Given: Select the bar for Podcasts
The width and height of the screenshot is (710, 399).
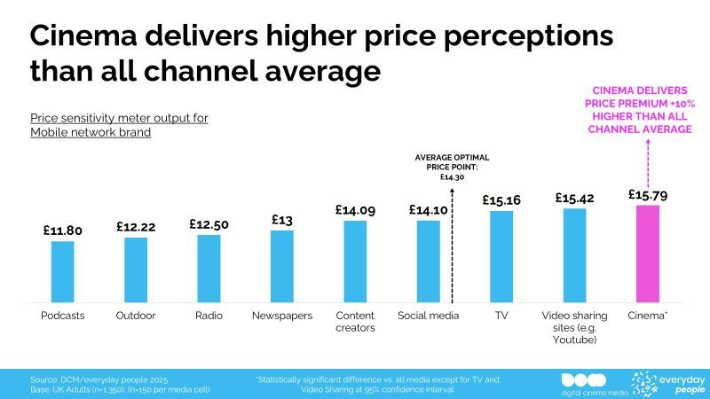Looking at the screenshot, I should [63, 272].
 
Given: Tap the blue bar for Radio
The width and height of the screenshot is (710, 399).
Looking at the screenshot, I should [209, 269].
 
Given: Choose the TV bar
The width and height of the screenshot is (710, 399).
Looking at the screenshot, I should [501, 257].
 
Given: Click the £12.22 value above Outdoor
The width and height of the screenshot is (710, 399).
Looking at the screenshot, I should [136, 227].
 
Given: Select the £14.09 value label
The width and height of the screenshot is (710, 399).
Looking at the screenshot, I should [355, 210].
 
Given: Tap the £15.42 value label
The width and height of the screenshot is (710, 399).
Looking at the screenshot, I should [574, 198].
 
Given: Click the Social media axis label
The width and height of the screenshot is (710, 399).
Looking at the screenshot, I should [428, 316].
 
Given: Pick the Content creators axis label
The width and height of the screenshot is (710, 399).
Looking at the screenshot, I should [355, 322].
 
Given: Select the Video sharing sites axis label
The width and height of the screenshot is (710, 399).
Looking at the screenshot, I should [574, 327].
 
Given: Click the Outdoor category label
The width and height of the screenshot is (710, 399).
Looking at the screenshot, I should [136, 316].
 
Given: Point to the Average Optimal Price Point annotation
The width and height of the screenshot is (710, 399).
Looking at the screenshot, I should [453, 168].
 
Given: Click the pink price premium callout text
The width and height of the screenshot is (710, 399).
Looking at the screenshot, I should [642, 110].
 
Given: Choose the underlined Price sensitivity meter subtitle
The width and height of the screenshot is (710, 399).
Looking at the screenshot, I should [119, 124].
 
